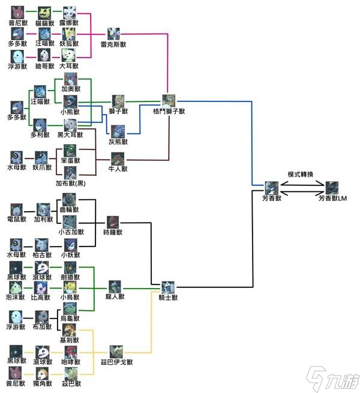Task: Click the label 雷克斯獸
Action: pyautogui.click(x=114, y=44)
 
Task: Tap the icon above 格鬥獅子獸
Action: pyautogui.click(x=169, y=100)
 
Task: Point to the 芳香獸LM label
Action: pyautogui.click(x=333, y=198)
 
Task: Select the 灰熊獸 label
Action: pyautogui.click(x=118, y=142)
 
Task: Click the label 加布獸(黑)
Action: pyautogui.click(x=71, y=183)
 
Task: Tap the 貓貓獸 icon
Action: pyautogui.click(x=44, y=13)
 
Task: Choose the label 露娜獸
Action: pyautogui.click(x=70, y=23)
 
